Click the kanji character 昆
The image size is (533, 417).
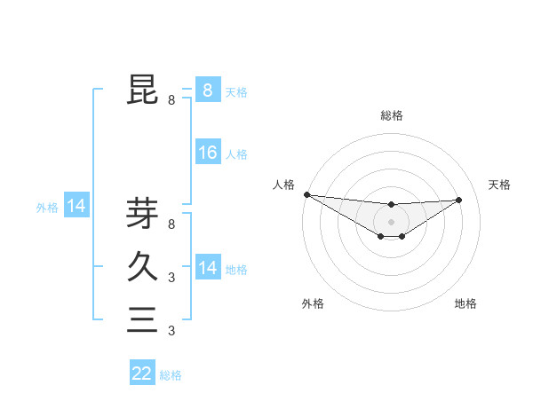[142, 90]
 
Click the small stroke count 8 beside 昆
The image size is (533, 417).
[171, 100]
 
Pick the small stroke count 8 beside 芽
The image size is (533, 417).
[171, 224]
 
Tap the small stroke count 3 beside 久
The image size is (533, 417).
[171, 278]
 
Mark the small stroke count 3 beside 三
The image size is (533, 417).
[171, 331]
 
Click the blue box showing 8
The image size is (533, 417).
[207, 90]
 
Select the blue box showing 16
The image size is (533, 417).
[207, 153]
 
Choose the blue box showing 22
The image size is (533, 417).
[142, 374]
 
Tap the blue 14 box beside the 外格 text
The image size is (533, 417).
[76, 207]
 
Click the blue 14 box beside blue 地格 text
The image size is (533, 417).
[207, 267]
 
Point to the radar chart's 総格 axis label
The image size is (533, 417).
[391, 115]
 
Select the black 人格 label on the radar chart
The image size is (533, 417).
[283, 185]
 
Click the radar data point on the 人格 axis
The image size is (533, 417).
[306, 194]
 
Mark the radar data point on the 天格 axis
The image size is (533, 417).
[458, 200]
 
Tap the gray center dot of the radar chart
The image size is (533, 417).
[391, 221]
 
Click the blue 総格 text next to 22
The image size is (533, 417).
[171, 375]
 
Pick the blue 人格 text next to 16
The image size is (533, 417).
[236, 154]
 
